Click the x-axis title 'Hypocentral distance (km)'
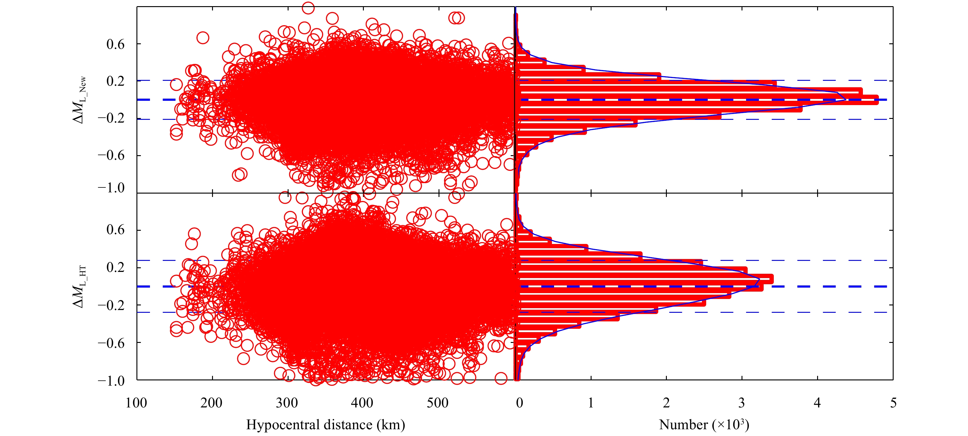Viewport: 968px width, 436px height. [x=325, y=425]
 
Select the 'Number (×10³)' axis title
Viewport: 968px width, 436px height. [x=704, y=425]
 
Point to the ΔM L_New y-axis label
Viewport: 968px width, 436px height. [x=79, y=100]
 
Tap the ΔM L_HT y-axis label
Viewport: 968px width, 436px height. [x=79, y=286]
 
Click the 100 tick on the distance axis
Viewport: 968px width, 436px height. [x=136, y=403]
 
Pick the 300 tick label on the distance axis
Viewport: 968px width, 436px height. [x=287, y=403]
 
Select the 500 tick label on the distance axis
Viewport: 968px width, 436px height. [x=437, y=403]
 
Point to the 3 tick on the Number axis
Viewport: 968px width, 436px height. [x=742, y=403]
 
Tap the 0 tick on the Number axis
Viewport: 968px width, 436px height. [x=519, y=403]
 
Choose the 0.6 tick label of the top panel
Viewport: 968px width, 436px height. [x=115, y=44]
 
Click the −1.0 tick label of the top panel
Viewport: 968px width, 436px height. [x=111, y=187]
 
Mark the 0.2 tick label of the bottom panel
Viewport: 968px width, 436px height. [x=115, y=267]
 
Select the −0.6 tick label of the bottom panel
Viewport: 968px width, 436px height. [x=111, y=343]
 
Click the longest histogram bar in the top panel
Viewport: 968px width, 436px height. [x=699, y=100]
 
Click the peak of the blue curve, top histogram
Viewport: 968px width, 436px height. [x=845, y=99]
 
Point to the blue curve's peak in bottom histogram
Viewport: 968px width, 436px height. [x=759, y=279]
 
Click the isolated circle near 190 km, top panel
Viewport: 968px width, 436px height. [x=203, y=37]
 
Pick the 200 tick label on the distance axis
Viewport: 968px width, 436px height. [x=211, y=403]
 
